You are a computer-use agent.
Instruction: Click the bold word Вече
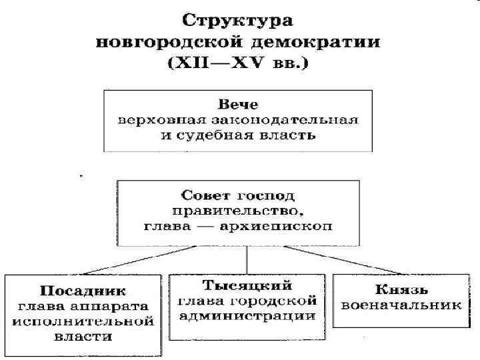[x=238, y=105]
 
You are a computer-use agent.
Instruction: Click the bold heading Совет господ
[x=238, y=196]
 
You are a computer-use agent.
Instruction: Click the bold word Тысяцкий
[x=247, y=286]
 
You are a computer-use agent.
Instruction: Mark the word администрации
[x=247, y=315]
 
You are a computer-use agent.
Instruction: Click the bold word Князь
[x=400, y=291]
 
